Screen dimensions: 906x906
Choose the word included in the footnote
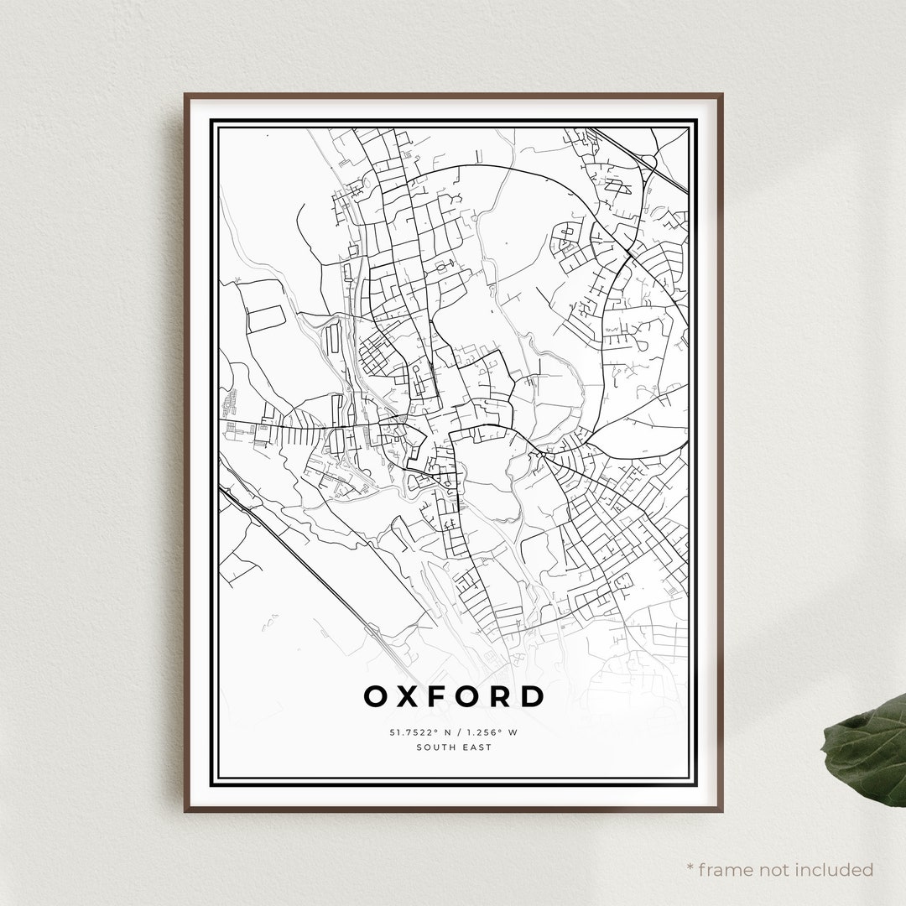click(x=836, y=869)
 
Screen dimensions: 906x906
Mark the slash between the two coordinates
click(x=454, y=732)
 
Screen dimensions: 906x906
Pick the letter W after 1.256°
click(x=512, y=732)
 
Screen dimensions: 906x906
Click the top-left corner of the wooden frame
click(x=185, y=95)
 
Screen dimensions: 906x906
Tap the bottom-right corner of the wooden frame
click(x=721, y=810)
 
